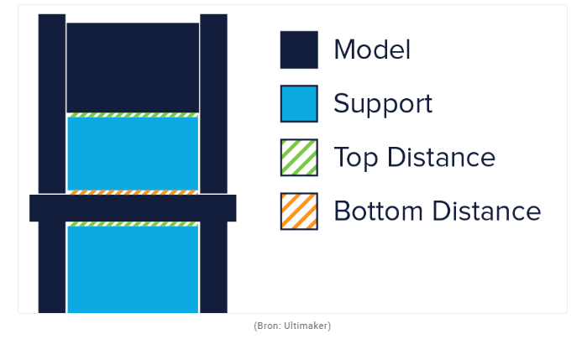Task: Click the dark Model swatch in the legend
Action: (x=299, y=50)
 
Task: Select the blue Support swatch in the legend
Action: (x=299, y=104)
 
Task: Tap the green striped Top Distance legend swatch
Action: (x=299, y=158)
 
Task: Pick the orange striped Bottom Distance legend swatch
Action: (x=299, y=211)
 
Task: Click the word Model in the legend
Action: (x=372, y=50)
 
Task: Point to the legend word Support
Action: (x=383, y=104)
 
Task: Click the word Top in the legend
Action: (x=356, y=158)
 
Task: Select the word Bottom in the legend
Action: (x=379, y=211)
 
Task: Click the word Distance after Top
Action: (x=442, y=157)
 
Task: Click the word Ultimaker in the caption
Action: (x=306, y=326)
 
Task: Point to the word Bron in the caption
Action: (x=268, y=326)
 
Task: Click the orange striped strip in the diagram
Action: (x=133, y=192)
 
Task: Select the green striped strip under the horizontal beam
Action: (x=133, y=224)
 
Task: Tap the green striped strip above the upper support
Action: (x=133, y=115)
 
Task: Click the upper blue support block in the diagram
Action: (x=133, y=154)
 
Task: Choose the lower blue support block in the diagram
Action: (x=133, y=269)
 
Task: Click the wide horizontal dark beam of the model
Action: (x=133, y=208)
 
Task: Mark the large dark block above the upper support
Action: (x=133, y=67)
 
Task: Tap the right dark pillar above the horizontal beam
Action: (x=214, y=104)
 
